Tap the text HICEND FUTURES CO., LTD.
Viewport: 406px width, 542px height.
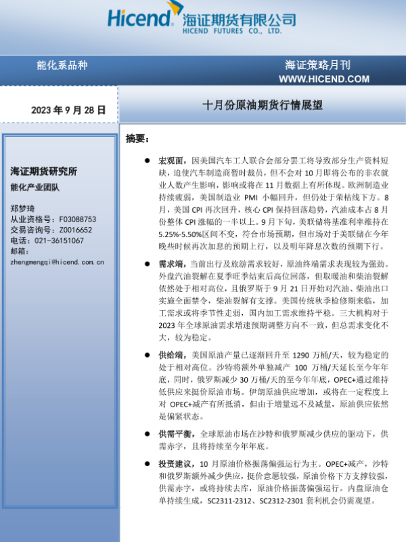tap(232, 32)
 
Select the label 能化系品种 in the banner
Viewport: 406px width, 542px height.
tap(62, 66)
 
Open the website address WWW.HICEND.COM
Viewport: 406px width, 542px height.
tap(324, 79)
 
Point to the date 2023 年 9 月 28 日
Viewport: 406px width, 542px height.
tap(68, 109)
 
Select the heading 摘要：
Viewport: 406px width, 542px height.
tap(137, 138)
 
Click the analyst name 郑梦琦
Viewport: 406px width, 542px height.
tap(20, 209)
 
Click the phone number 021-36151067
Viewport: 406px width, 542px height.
tap(58, 240)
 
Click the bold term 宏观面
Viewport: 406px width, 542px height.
tap(171, 161)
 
